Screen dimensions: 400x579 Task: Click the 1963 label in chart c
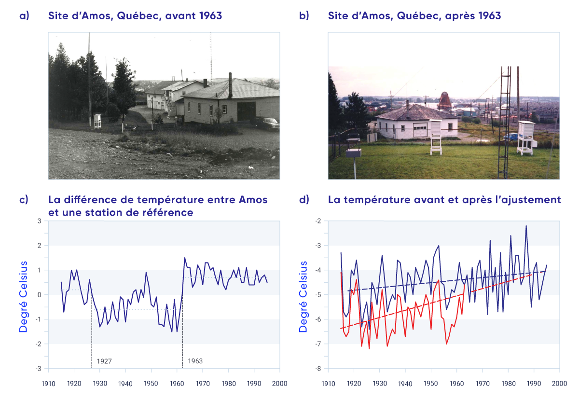[x=195, y=361]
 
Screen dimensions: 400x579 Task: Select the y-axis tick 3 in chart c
[x=40, y=221]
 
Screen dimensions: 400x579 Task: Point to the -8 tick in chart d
[x=319, y=369]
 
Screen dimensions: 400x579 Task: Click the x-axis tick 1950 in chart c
[x=151, y=384]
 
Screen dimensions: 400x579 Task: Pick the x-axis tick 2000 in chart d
[x=559, y=384]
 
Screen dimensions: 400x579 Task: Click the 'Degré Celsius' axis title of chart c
[x=23, y=296]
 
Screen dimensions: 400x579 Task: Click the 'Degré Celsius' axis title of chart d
[x=303, y=296]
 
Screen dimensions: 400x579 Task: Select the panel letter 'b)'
[x=304, y=16]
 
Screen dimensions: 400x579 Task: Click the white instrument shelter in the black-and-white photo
[x=97, y=121]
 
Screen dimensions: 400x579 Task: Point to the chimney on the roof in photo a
[x=230, y=84]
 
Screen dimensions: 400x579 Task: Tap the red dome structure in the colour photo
[x=445, y=100]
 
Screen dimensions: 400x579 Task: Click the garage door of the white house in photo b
[x=419, y=131]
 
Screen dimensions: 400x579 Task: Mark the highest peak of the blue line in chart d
[x=526, y=226]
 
